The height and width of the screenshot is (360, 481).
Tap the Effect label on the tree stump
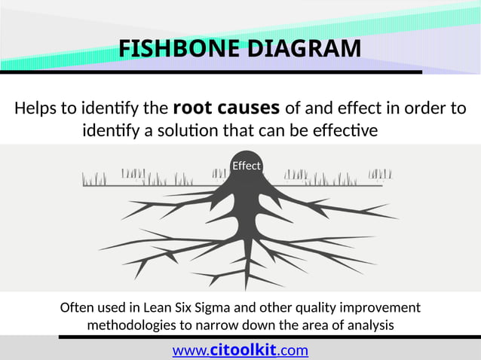(x=246, y=166)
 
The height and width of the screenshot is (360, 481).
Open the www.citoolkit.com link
(x=240, y=350)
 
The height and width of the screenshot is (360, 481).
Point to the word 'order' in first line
(x=422, y=108)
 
